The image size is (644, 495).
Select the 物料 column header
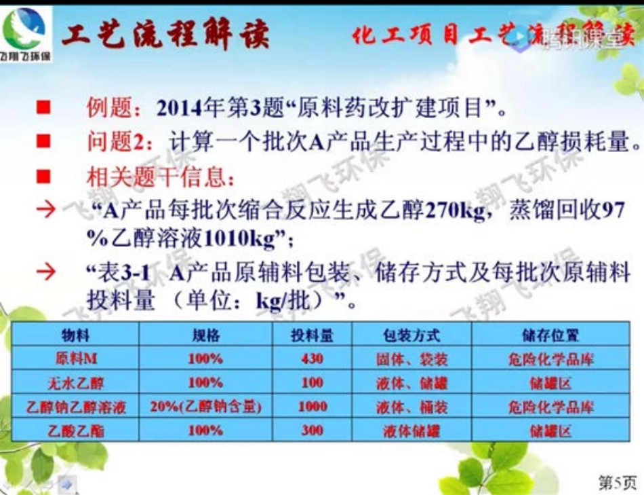75,335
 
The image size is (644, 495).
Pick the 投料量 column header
312,335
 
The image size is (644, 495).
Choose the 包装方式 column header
411,335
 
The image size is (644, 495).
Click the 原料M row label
75,359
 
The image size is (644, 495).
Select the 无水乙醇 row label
75,382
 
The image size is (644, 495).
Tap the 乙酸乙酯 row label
75,430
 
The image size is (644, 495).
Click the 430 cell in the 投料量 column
312,359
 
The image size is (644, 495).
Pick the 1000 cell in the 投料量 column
312,406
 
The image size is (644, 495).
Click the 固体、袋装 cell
411,359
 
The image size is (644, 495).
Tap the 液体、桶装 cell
411,406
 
